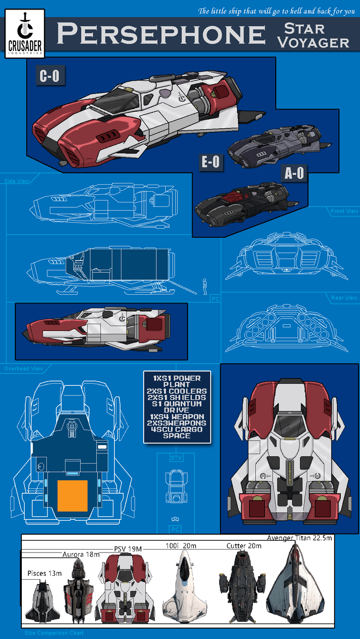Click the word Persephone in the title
coord(161,34)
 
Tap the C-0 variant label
coord(49,76)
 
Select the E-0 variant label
coord(210,162)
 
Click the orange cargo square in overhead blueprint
coord(73,495)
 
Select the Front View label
coord(344,211)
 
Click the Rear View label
coord(344,298)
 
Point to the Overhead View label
coord(24,369)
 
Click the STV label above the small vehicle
coord(176,458)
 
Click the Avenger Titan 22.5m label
coord(299,538)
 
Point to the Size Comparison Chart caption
coord(54,633)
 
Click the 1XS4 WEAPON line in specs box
coord(177,416)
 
